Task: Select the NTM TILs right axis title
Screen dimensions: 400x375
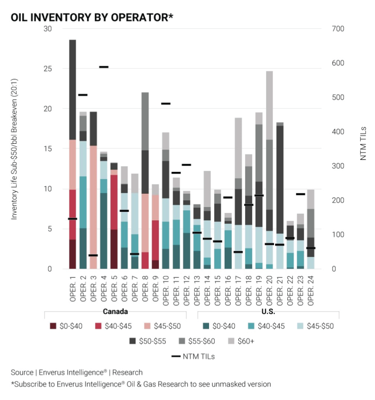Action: coord(363,143)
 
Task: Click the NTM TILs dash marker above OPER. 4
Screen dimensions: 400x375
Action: coord(104,67)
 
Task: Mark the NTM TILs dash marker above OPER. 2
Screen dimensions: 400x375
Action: coord(83,95)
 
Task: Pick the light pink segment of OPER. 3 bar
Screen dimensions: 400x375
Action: coord(93,203)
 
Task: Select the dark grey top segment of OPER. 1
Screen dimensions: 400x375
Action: coord(72,90)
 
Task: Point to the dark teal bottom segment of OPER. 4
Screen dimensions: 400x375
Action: coord(104,230)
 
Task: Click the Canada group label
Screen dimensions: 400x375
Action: coord(115,312)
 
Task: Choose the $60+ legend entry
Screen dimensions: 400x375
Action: coord(241,341)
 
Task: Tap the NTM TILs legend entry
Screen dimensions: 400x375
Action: coord(193,356)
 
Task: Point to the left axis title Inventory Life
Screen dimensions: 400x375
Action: coord(14,149)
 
